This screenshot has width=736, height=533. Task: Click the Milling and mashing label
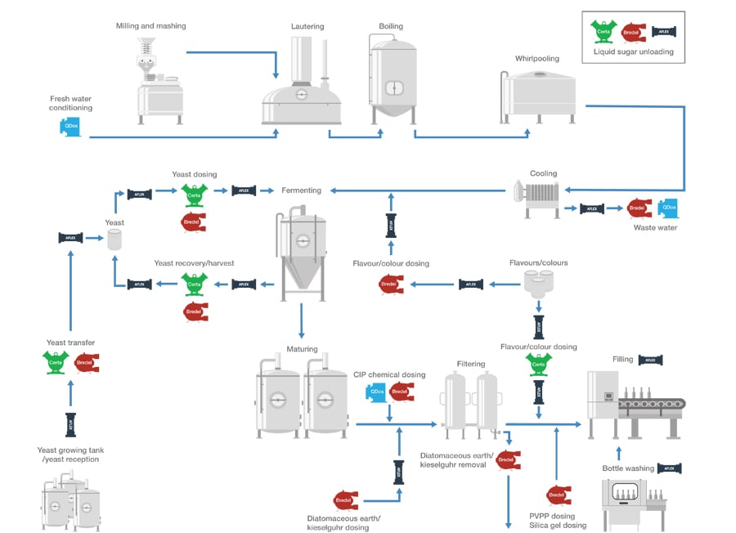[150, 26]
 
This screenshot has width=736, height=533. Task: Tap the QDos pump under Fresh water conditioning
[69, 127]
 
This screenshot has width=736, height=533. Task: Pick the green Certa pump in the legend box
[604, 31]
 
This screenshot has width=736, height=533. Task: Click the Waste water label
[655, 227]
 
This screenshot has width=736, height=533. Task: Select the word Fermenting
[301, 190]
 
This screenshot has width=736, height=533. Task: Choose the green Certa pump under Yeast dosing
[195, 194]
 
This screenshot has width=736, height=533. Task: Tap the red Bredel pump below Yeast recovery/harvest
[195, 312]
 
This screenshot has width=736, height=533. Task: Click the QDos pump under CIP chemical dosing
[376, 392]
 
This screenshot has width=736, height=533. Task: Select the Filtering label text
[471, 364]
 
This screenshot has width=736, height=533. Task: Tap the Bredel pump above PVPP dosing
[558, 495]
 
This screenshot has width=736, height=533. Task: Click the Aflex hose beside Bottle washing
[669, 468]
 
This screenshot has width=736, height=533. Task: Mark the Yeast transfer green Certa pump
[56, 361]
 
